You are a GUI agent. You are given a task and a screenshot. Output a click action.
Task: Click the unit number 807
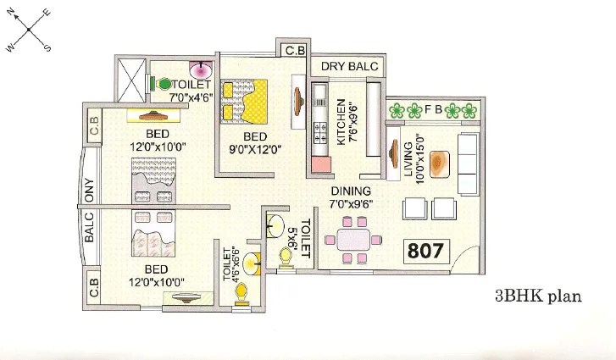[425, 251]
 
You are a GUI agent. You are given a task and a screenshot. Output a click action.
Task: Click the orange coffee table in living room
[441, 162]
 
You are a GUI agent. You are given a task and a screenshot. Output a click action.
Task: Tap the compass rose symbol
[29, 29]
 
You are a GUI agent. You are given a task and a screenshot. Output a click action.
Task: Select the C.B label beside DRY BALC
[295, 51]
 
